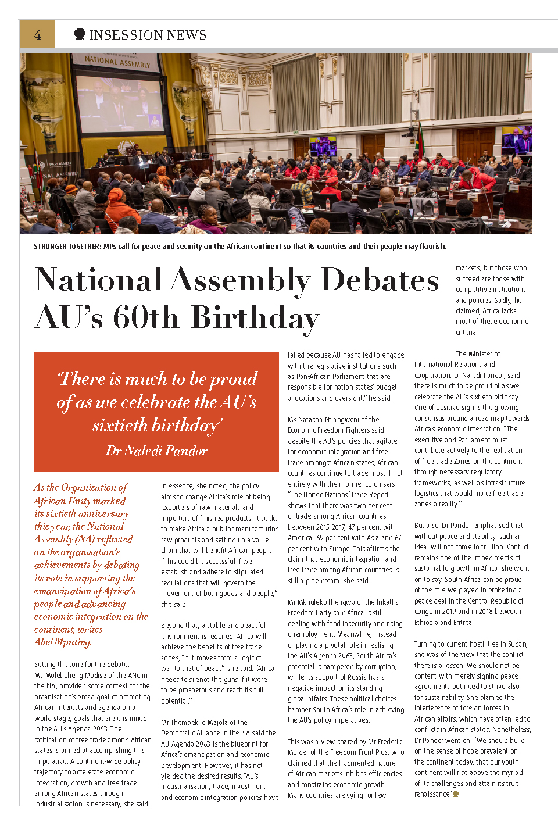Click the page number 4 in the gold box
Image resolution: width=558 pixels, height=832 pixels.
(x=37, y=35)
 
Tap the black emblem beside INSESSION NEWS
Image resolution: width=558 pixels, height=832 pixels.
(x=80, y=34)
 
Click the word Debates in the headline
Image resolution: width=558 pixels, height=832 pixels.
(x=380, y=280)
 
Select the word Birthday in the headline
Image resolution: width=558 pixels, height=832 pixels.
(x=256, y=318)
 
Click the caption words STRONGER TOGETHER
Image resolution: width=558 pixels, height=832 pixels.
(x=67, y=247)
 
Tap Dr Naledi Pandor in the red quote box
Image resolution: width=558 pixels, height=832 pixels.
(x=156, y=451)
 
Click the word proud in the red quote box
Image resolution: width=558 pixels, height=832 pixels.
(x=234, y=379)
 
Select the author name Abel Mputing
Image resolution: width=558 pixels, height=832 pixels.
(x=63, y=642)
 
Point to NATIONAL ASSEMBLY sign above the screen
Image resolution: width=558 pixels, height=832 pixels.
(x=117, y=62)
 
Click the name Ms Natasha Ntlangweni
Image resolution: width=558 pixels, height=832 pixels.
(x=334, y=419)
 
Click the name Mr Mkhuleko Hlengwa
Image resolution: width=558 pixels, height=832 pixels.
(x=328, y=602)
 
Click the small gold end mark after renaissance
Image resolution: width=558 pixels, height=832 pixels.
(x=456, y=794)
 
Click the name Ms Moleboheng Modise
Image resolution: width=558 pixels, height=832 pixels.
(x=75, y=675)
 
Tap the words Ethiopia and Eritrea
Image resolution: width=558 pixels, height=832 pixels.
(x=443, y=623)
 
